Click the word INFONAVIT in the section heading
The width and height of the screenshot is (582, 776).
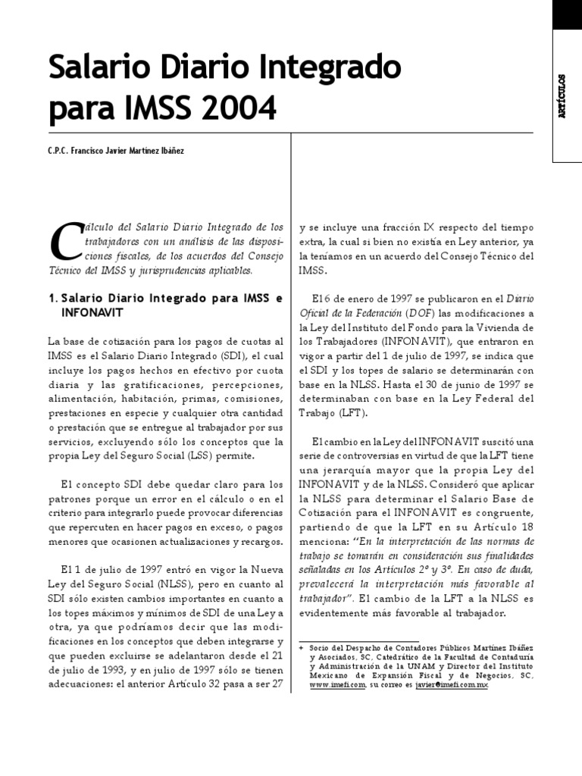coord(93,311)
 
